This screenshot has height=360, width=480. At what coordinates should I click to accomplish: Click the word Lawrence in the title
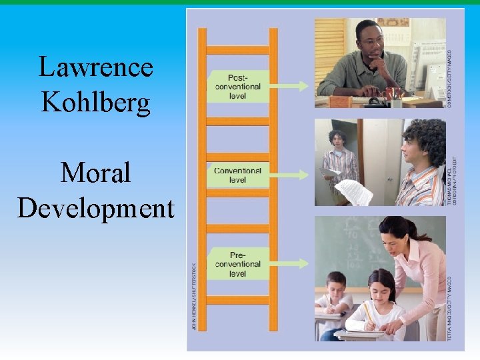[96, 67]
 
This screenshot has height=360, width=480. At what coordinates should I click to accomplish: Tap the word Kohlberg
[96, 102]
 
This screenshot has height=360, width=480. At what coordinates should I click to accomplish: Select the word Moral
[96, 173]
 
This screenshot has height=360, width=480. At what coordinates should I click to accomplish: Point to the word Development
[96, 208]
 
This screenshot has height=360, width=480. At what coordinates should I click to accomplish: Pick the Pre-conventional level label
[237, 263]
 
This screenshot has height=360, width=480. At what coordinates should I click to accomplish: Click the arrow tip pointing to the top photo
[306, 86]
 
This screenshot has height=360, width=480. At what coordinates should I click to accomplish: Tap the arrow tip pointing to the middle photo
[306, 175]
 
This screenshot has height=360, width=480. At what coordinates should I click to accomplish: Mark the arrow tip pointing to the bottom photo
[306, 263]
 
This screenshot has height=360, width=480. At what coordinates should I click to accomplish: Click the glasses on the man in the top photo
[371, 39]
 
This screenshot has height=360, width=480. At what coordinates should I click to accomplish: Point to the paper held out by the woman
[353, 191]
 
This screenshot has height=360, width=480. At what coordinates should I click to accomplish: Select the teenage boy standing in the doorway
[340, 163]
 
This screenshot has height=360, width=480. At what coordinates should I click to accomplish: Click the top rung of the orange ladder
[237, 50]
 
